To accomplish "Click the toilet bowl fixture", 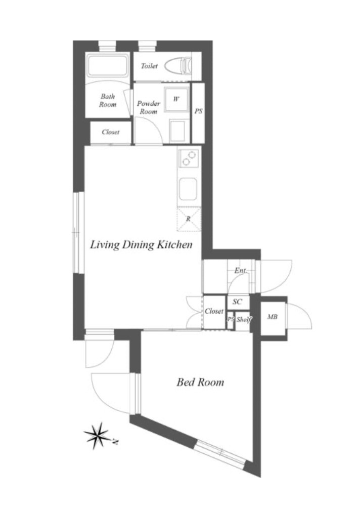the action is pyautogui.click(x=178, y=66).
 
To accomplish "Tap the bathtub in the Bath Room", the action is pyautogui.click(x=108, y=66).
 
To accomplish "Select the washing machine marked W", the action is pyautogui.click(x=176, y=99).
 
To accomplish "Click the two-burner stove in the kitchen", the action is pyautogui.click(x=189, y=158).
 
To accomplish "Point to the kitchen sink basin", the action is pyautogui.click(x=188, y=189).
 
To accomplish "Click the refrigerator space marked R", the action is pyautogui.click(x=189, y=219).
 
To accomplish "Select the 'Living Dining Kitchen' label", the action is pyautogui.click(x=141, y=244).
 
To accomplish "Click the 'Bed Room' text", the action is pyautogui.click(x=200, y=382).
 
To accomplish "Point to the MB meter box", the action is pyautogui.click(x=273, y=317).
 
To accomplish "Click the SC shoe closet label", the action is pyautogui.click(x=238, y=302).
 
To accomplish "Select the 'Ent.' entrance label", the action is pyautogui.click(x=241, y=270).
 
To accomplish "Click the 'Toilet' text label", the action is pyautogui.click(x=149, y=66).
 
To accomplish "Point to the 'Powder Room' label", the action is pyautogui.click(x=149, y=107).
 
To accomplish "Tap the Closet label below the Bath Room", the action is pyautogui.click(x=111, y=132).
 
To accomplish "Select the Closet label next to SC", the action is pyautogui.click(x=214, y=311).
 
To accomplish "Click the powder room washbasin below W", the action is pyautogui.click(x=177, y=131).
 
